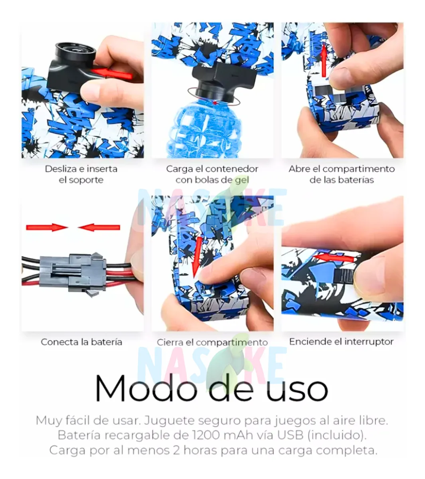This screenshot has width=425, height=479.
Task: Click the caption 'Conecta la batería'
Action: pos(81,342)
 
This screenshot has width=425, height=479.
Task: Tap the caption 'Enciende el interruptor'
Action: pos(341,342)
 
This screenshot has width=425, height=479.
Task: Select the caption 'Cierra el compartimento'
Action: pos(212,342)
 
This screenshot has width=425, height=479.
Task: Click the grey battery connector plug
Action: pos(73,273)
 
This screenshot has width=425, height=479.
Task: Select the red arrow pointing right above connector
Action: pos(47,228)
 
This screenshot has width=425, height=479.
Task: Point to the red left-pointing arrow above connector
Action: pos(99,228)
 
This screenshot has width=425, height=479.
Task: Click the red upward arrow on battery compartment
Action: pos(324,61)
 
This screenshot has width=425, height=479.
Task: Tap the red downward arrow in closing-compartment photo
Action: pos(197,257)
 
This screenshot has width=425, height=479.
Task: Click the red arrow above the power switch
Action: pos(333,258)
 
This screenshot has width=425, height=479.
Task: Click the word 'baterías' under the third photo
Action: pos(357,180)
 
